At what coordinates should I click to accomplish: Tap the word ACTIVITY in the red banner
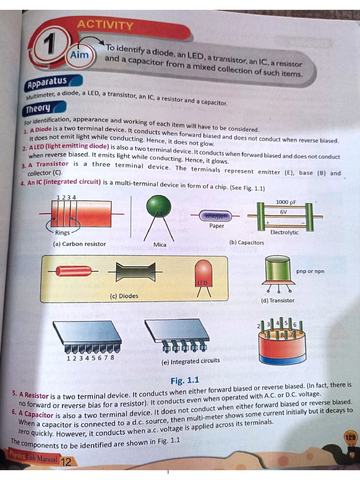pyautogui.click(x=105, y=25)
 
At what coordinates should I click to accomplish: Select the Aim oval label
pyautogui.click(x=79, y=55)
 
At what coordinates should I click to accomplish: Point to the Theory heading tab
pyautogui.click(x=38, y=109)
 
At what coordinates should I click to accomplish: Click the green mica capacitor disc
pyautogui.click(x=159, y=206)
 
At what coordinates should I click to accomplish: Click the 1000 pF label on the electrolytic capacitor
pyautogui.click(x=285, y=202)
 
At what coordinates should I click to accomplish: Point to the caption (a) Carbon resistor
pyautogui.click(x=80, y=244)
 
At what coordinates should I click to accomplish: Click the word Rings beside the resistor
pyautogui.click(x=62, y=233)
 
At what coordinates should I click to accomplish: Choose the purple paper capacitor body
pyautogui.click(x=216, y=216)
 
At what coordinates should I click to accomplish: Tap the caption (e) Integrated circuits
pyautogui.click(x=190, y=361)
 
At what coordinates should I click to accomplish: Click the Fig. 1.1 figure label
pyautogui.click(x=185, y=380)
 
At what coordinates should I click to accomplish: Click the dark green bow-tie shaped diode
pyautogui.click(x=135, y=271)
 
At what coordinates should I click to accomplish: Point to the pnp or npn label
pyautogui.click(x=310, y=271)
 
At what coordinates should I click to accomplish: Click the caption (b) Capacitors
pyautogui.click(x=247, y=243)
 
